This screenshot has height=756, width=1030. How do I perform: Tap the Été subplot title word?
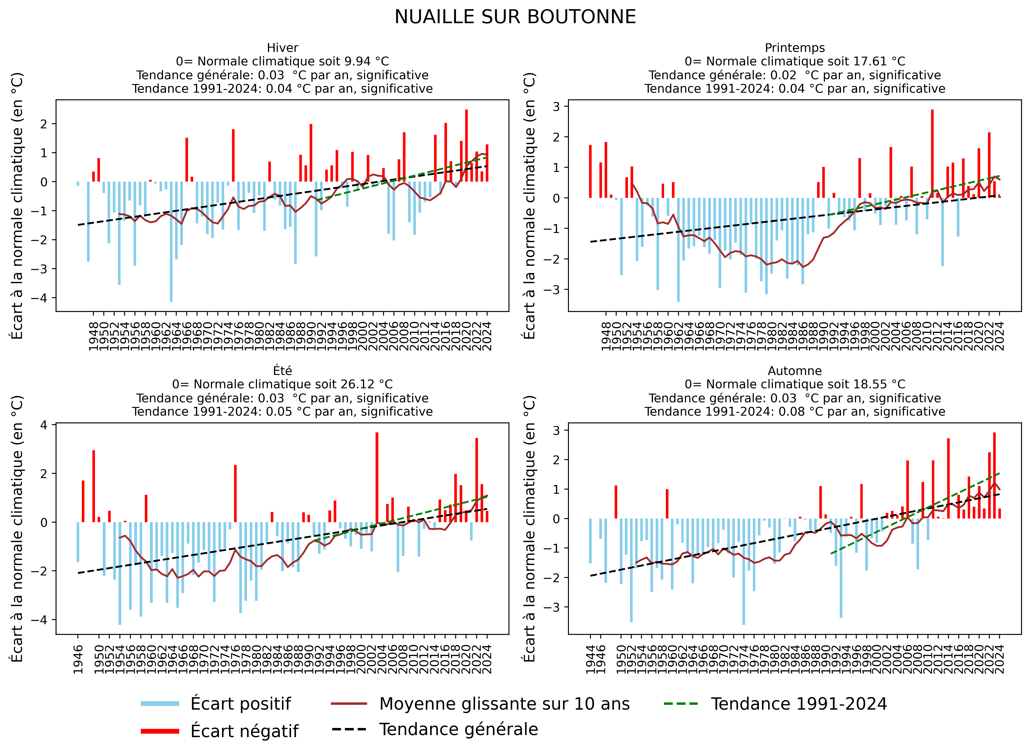coord(282,371)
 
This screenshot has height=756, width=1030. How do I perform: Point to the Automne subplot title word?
coord(795,371)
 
